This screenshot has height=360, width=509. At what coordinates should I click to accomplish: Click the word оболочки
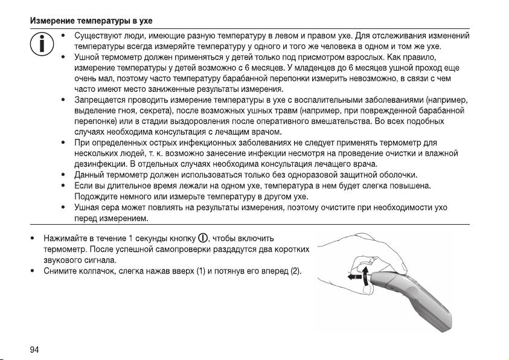click(392, 175)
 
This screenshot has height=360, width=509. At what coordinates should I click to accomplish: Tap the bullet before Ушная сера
click(64, 207)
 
